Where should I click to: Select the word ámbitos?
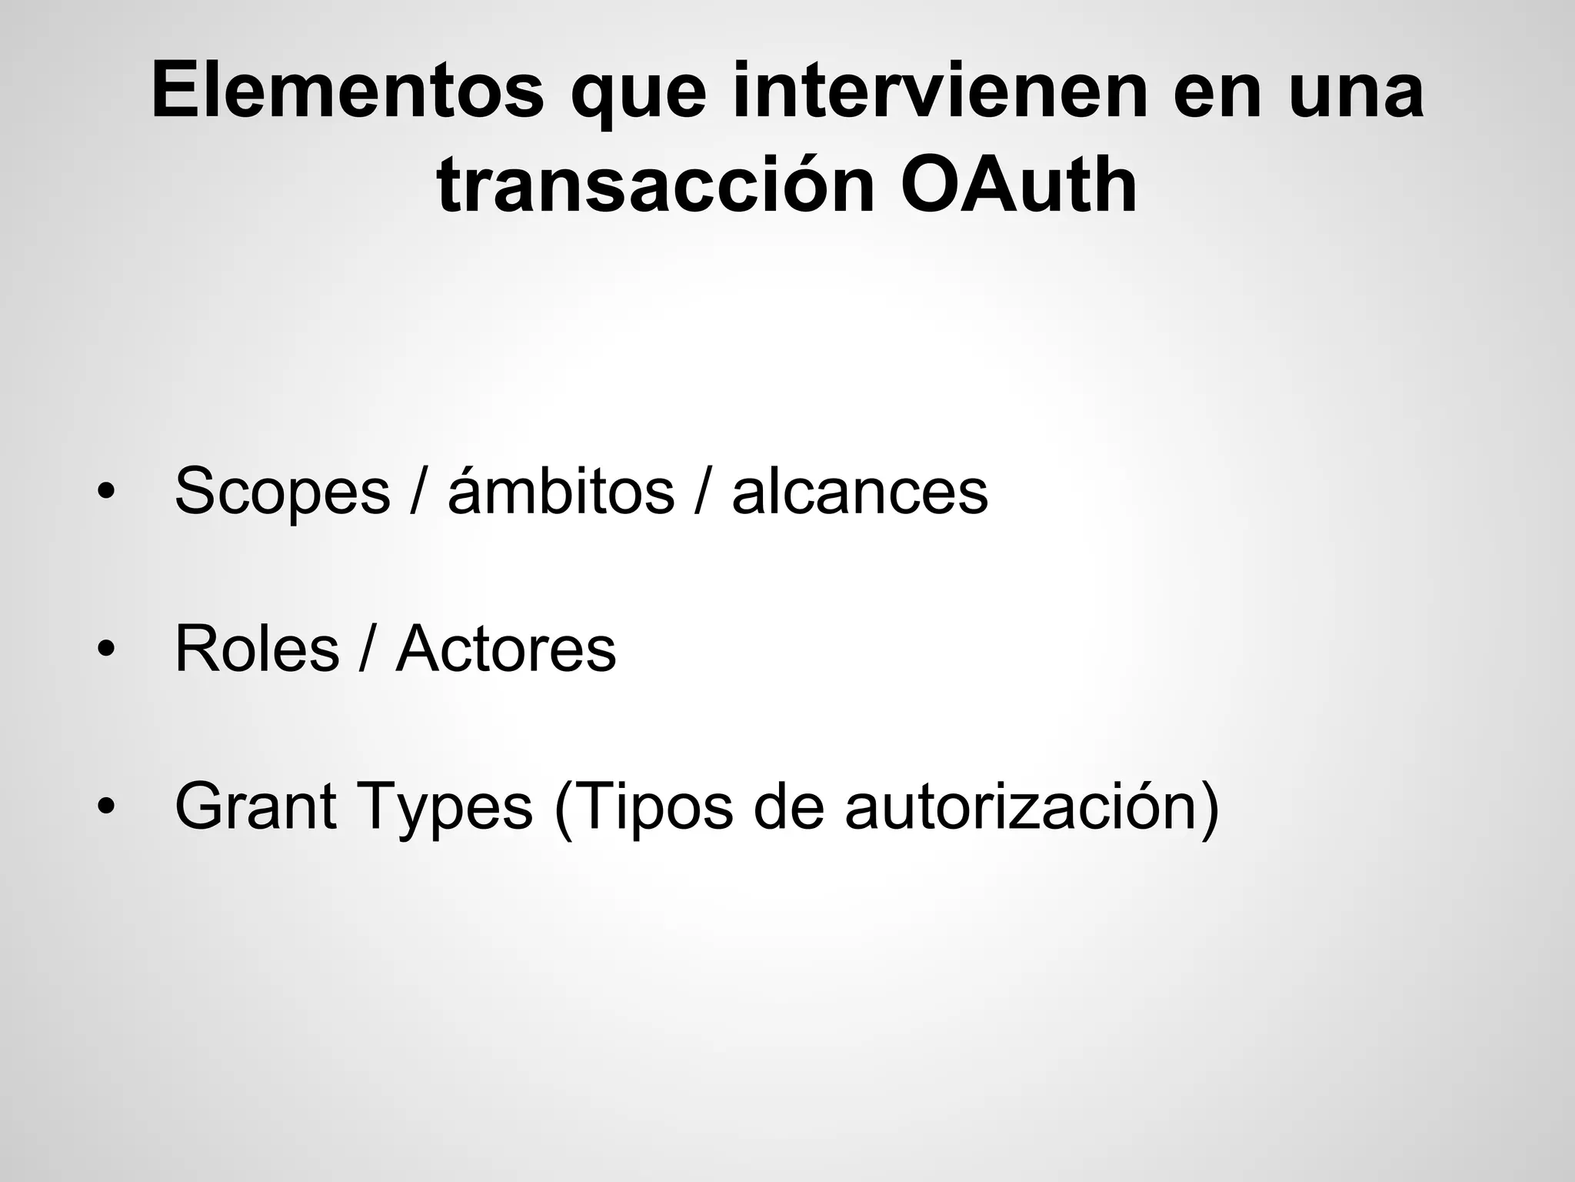(x=561, y=490)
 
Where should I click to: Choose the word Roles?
(x=257, y=649)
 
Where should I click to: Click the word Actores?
(x=506, y=649)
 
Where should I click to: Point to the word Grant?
(x=255, y=806)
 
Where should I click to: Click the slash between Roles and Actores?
(x=368, y=649)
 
